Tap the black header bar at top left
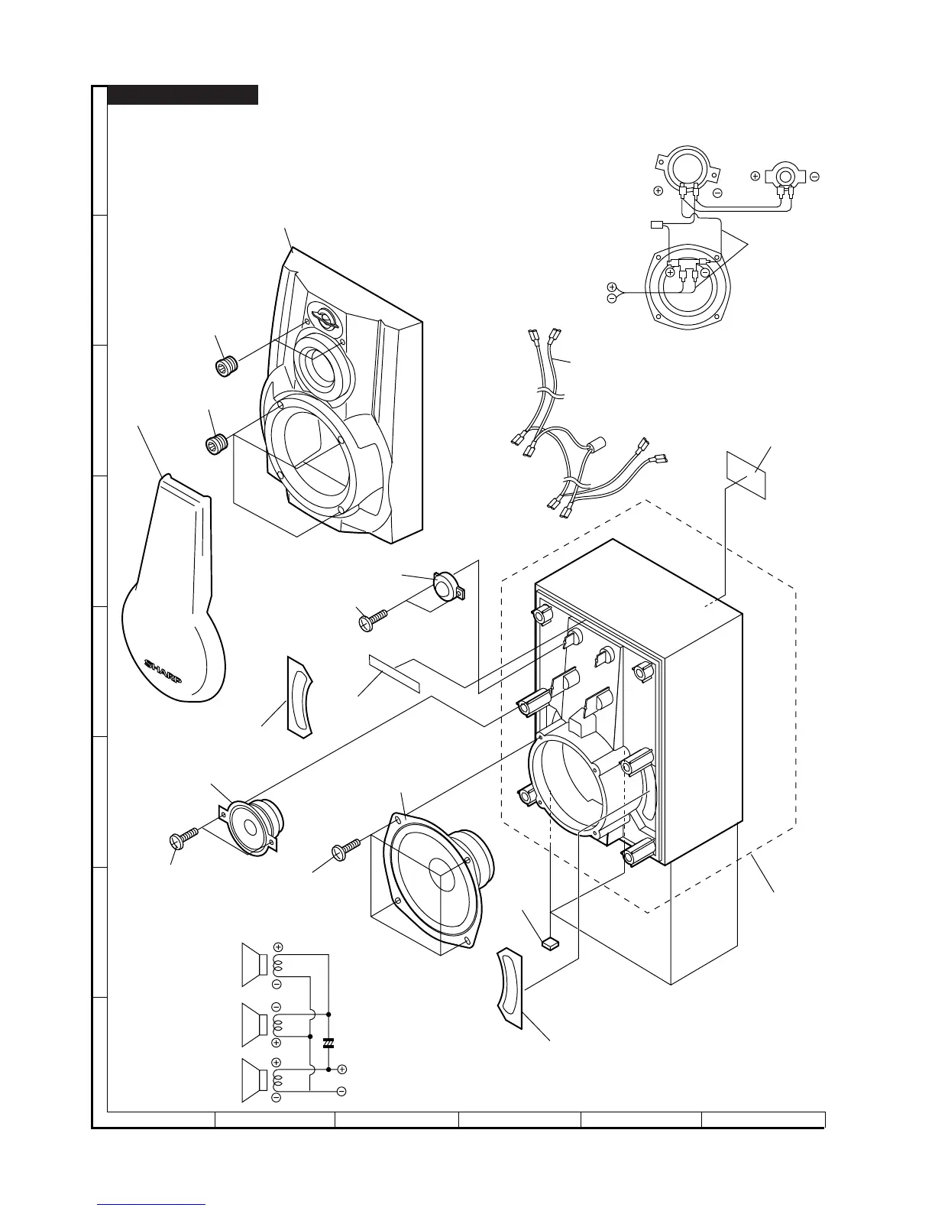pyautogui.click(x=183, y=95)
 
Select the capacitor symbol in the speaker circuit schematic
pyautogui.click(x=328, y=1043)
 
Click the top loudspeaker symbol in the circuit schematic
pyautogui.click(x=254, y=961)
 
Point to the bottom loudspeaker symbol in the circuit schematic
pyautogui.click(x=254, y=1080)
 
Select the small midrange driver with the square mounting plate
pyautogui.click(x=254, y=822)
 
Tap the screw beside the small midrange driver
pyautogui.click(x=184, y=836)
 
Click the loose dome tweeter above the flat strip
pyautogui.click(x=445, y=586)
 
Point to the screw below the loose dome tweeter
pyautogui.click(x=372, y=617)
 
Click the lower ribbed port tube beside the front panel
pyautogui.click(x=217, y=443)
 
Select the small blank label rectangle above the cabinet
pyautogui.click(x=745, y=474)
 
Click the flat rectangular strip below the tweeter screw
pyautogui.click(x=394, y=670)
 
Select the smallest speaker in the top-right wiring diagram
pyautogui.click(x=784, y=177)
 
